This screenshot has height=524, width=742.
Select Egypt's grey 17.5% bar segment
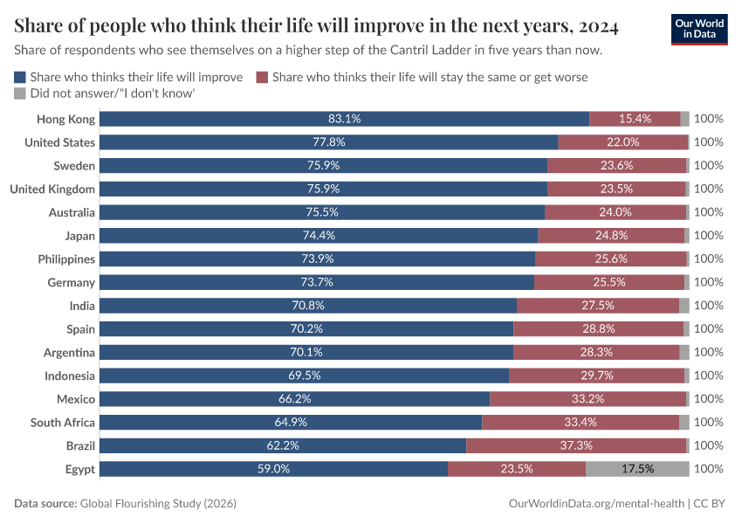[x=637, y=469]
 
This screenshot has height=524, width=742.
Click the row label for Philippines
[x=66, y=259]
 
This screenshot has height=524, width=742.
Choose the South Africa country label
[x=63, y=423]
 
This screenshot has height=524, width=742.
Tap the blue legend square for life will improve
[x=20, y=77]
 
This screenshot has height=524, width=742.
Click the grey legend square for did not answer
[x=20, y=93]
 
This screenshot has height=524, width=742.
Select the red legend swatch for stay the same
[x=262, y=77]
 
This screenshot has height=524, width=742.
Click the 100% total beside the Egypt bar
[x=709, y=469]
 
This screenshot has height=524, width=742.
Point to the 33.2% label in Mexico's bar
[x=587, y=399]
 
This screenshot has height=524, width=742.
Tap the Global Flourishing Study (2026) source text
[x=158, y=504]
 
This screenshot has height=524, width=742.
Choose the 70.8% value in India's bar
[x=307, y=306]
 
